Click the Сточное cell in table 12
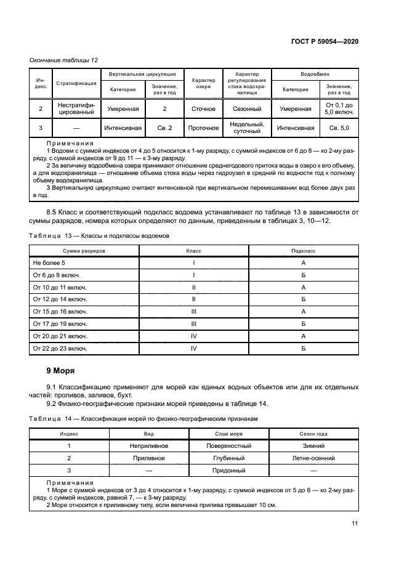click(203, 108)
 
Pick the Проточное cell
click(203, 128)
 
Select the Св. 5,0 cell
click(339, 128)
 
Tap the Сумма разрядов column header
click(84, 251)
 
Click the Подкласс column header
click(304, 251)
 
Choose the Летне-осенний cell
click(314, 458)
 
